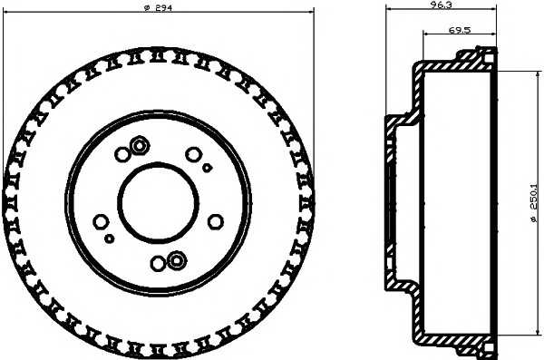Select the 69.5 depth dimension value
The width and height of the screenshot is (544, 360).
[459, 31]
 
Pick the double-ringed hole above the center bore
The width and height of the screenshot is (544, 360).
[140, 145]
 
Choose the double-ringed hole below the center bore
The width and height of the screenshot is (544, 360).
[173, 261]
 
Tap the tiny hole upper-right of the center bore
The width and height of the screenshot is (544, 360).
[207, 168]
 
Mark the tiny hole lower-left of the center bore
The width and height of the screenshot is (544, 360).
[109, 238]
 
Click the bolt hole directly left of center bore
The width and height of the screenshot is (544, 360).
[100, 219]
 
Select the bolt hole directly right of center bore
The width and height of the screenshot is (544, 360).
[215, 220]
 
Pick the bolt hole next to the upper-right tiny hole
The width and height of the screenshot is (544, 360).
[191, 154]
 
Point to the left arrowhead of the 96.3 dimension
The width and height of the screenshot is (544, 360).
[388, 6]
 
